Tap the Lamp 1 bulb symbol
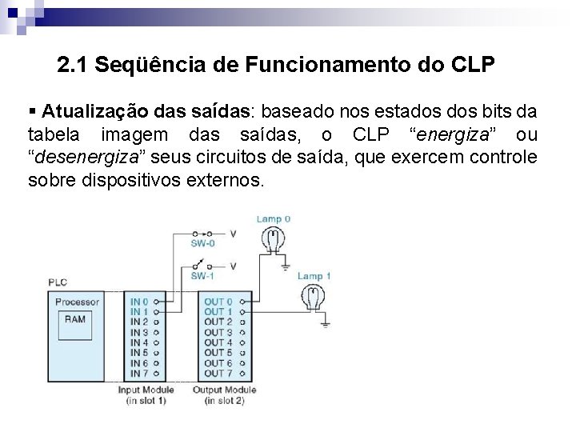(312, 295)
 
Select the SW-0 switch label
(202, 243)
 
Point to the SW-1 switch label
(202, 276)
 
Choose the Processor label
(77, 302)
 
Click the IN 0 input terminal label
(139, 302)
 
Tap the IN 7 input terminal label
(139, 373)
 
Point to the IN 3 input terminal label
(139, 332)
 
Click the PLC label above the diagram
(58, 282)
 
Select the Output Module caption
(224, 390)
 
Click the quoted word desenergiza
(88, 156)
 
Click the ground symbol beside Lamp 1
(326, 322)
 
